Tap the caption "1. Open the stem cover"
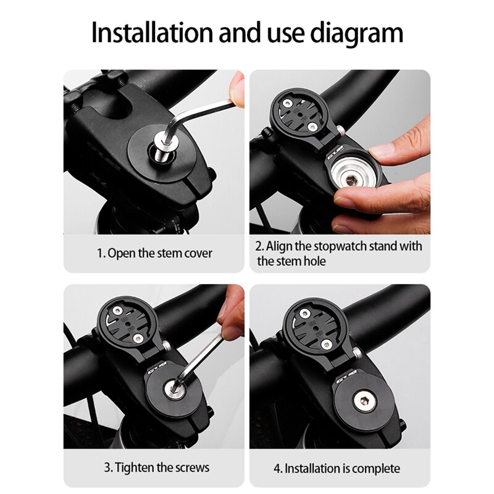click(x=154, y=254)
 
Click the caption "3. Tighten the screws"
click(x=154, y=467)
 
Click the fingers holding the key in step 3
click(x=232, y=315)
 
